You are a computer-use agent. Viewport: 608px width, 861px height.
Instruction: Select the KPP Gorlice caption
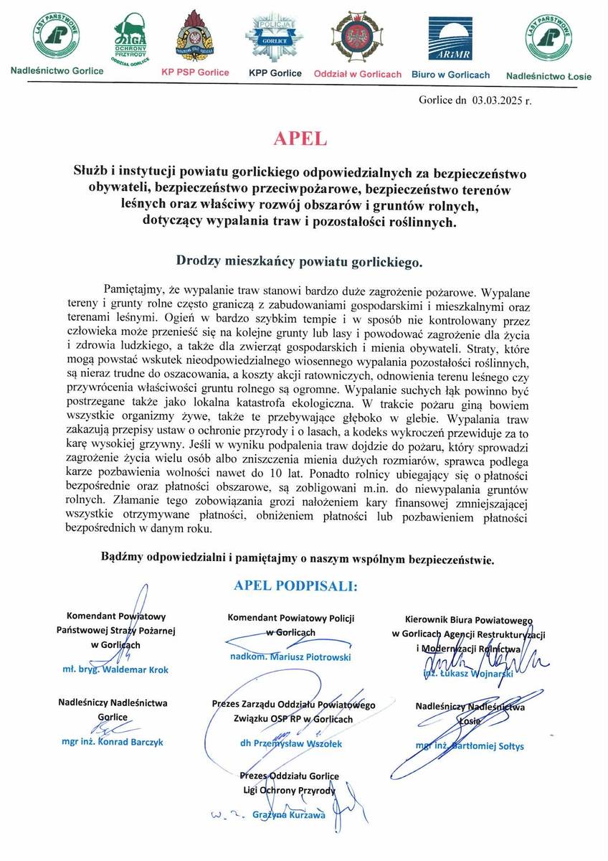275,73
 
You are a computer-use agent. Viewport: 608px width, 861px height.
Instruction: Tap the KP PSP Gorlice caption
195,72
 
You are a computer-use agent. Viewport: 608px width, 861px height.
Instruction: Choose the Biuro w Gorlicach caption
450,75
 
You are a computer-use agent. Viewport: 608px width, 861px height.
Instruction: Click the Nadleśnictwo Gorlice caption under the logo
57,71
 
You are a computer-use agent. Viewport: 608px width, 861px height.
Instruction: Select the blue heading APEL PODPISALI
295,586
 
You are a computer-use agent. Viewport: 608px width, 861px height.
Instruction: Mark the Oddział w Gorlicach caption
358,74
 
